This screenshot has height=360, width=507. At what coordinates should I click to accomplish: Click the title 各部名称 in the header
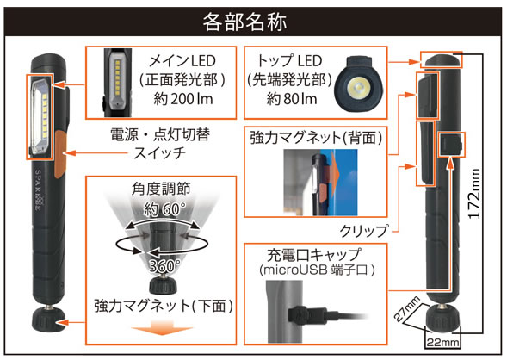tap(244, 22)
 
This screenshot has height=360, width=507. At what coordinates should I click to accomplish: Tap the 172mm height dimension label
tap(474, 194)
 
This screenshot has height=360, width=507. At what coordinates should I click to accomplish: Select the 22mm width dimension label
tap(442, 343)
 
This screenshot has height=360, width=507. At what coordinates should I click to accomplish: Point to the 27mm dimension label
tap(407, 308)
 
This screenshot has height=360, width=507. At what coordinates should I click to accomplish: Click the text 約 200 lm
tap(183, 99)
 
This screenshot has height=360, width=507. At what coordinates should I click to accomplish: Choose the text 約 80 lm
tap(292, 99)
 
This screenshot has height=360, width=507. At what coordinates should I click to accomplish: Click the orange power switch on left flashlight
tap(60, 154)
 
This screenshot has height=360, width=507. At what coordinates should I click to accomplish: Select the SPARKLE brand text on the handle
tap(39, 190)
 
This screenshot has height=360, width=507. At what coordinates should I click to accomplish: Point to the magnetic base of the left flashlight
tap(48, 320)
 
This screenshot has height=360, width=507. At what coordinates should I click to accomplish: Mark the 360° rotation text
tap(164, 265)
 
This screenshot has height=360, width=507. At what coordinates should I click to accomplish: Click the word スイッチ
tap(159, 152)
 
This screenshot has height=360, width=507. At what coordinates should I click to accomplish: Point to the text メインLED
tap(182, 61)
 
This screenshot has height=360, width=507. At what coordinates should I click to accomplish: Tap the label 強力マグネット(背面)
tap(316, 138)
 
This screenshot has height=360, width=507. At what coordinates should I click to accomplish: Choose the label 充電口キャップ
tap(313, 255)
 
